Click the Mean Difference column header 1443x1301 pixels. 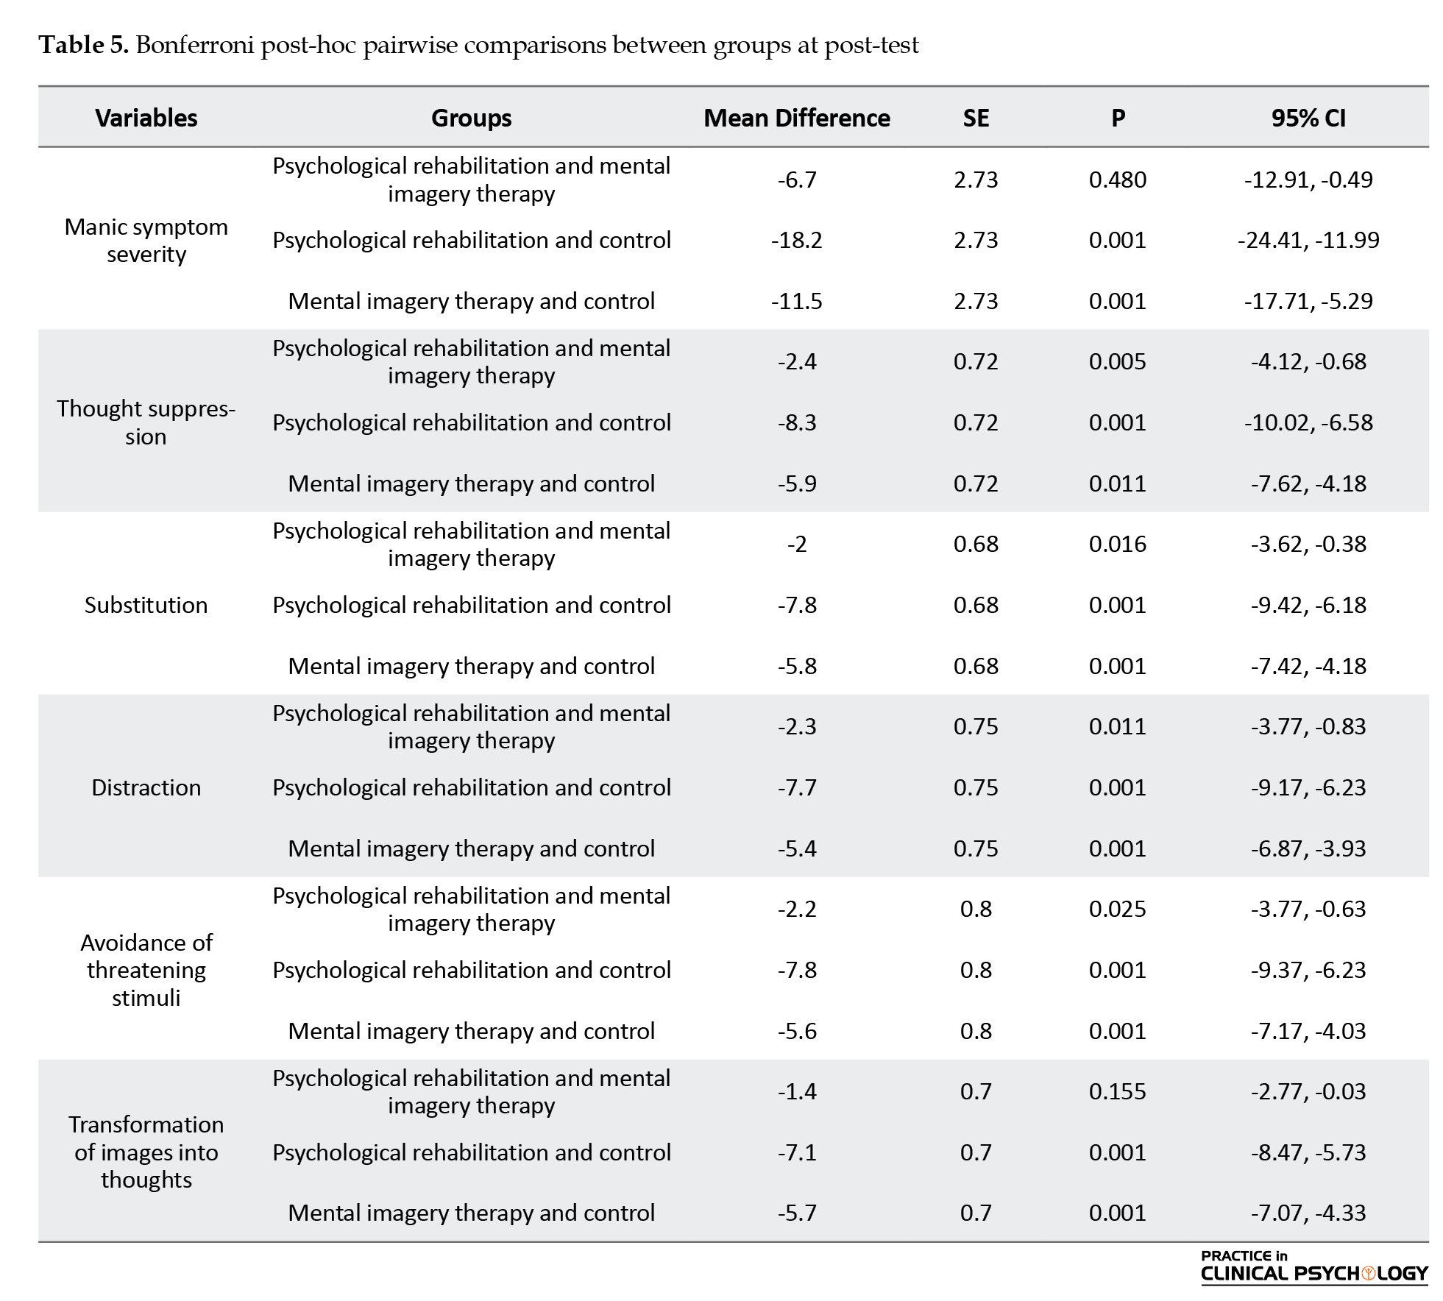(796, 118)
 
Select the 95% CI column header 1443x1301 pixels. (1308, 118)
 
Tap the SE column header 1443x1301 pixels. (976, 118)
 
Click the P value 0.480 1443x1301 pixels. (1117, 180)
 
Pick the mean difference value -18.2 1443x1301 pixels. (796, 240)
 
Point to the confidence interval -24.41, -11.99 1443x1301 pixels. (1308, 240)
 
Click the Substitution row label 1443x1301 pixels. (146, 605)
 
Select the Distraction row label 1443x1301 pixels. (146, 787)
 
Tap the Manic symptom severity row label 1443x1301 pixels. (146, 240)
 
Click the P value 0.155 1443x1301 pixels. (1117, 1091)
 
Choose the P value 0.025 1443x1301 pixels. (1117, 909)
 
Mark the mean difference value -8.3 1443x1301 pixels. (796, 422)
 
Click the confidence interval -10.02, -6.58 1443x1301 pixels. (1308, 422)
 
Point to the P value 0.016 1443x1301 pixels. (1117, 544)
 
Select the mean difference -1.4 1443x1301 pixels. (796, 1091)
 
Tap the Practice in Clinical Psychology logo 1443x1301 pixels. (1314, 1267)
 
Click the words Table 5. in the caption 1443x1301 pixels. (84, 46)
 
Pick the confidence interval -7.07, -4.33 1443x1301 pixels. (1308, 1213)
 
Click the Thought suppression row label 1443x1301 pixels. (146, 422)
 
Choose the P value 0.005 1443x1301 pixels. (1117, 361)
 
